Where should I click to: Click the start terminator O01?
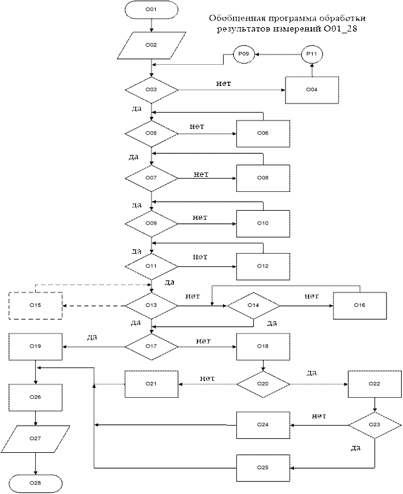[x=152, y=10]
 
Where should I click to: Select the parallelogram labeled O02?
[x=152, y=45]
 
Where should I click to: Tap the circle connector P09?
[x=244, y=54]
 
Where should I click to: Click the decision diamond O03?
[x=152, y=90]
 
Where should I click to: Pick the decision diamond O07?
[x=152, y=178]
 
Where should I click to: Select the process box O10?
[x=263, y=223]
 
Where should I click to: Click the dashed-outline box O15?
[x=36, y=305]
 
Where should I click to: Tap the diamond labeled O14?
[x=253, y=305]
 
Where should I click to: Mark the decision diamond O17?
[x=152, y=346]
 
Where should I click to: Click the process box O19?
[x=36, y=346]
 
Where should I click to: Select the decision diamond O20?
[x=263, y=384]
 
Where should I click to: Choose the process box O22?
[x=374, y=384]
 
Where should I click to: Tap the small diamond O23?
[x=374, y=425]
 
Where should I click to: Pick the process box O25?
[x=263, y=467]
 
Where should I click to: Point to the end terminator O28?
[x=36, y=483]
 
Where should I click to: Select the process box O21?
[x=152, y=384]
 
